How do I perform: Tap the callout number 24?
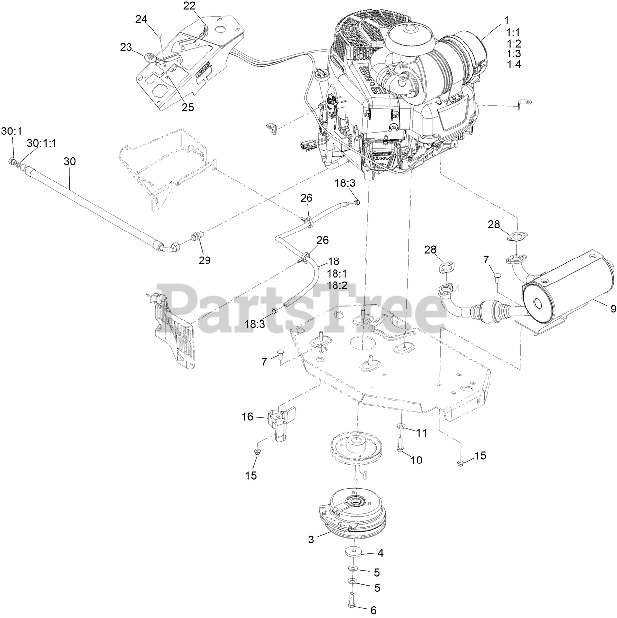141,19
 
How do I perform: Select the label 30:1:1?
42,143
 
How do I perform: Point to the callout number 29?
205,260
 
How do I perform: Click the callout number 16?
247,417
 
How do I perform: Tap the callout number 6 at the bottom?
373,610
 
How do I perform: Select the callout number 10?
416,460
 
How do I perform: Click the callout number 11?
422,433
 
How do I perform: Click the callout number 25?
188,107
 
